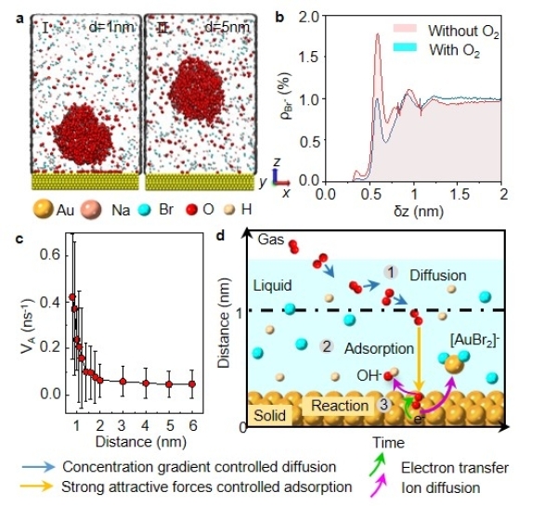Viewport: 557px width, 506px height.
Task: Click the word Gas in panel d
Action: coord(269,240)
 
